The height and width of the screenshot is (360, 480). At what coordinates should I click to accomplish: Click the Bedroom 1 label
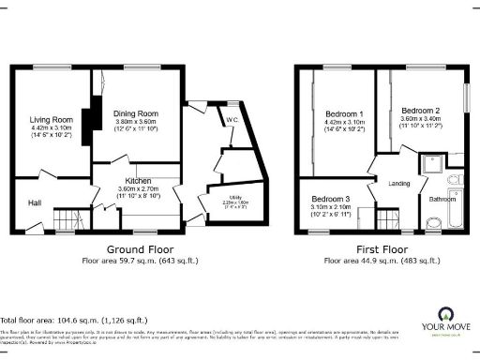(x=334, y=113)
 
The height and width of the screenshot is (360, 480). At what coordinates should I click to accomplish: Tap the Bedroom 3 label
(x=331, y=200)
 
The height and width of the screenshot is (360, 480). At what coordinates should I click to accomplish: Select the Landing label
(x=399, y=184)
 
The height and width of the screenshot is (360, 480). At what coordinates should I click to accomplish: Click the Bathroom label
(x=442, y=200)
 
